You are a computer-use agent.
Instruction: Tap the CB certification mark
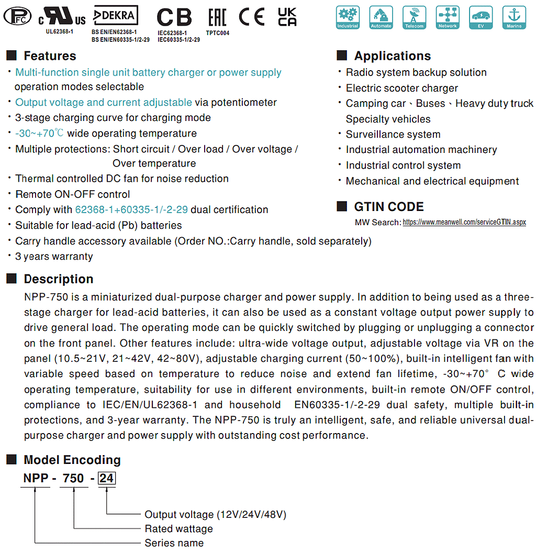(x=174, y=17)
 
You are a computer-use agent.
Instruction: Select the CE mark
(x=252, y=17)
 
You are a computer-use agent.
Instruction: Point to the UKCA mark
(x=287, y=17)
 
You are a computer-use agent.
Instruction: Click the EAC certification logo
(x=217, y=17)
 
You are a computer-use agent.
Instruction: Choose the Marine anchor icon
(x=513, y=17)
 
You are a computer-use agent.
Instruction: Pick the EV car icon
(x=481, y=17)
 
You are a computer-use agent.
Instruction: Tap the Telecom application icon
(x=414, y=17)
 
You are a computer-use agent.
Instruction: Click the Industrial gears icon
(x=348, y=17)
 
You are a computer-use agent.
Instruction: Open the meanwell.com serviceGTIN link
(x=464, y=223)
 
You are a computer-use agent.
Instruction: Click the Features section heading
(x=50, y=56)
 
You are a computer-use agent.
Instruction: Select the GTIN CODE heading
(x=389, y=207)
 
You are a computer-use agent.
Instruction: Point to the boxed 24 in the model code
(x=107, y=478)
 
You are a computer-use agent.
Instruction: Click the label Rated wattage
(x=178, y=529)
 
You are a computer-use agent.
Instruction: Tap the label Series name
(x=174, y=543)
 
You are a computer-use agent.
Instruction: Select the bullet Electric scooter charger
(x=401, y=88)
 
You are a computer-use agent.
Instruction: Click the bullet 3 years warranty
(x=54, y=257)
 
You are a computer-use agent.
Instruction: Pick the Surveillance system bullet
(x=393, y=135)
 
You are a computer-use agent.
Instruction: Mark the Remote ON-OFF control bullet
(x=72, y=194)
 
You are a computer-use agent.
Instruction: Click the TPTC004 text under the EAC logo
(x=217, y=33)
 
